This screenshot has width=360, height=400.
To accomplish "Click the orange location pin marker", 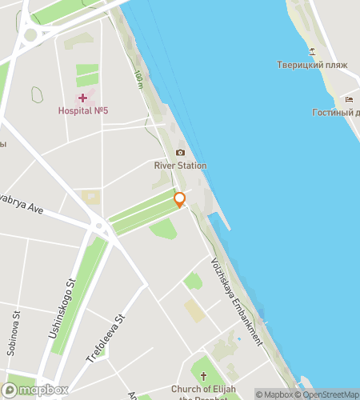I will [180, 200].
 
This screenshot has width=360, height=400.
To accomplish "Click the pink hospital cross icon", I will [82, 98].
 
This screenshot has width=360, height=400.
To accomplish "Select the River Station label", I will [180, 166].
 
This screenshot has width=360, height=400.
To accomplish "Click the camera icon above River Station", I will [180, 152].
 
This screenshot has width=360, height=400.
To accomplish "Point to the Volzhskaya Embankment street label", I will [236, 301].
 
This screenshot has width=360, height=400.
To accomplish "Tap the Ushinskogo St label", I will [62, 304].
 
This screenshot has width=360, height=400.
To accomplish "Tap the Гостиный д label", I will [335, 113].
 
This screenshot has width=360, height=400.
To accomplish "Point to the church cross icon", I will [204, 375].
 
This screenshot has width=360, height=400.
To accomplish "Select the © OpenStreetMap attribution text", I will [327, 394].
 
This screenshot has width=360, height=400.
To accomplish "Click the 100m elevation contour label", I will [139, 78].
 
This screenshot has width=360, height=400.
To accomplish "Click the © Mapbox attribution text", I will [275, 394].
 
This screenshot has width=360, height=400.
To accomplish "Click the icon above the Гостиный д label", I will [350, 99].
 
